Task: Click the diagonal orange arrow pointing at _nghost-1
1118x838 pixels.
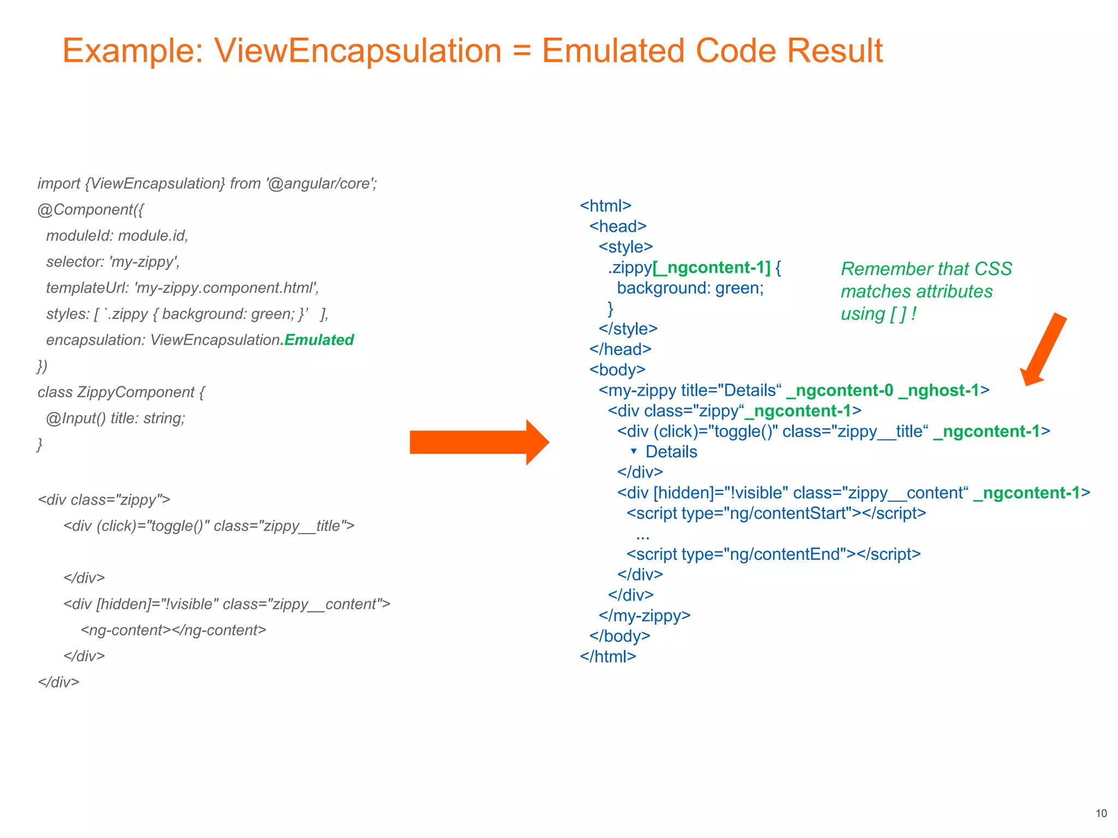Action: click(x=1043, y=350)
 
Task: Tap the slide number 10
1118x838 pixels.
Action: click(x=1101, y=813)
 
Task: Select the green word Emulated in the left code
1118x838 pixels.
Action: click(x=319, y=340)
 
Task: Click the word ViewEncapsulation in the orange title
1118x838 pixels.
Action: click(x=358, y=51)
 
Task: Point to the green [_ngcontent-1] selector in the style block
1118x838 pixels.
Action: click(x=711, y=267)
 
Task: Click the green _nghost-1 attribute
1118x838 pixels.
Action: click(x=939, y=391)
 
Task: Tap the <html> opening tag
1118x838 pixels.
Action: click(x=605, y=206)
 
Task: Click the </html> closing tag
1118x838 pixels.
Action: click(x=608, y=656)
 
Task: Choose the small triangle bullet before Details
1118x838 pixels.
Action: click(x=634, y=451)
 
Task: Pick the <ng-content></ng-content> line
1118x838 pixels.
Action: click(x=173, y=630)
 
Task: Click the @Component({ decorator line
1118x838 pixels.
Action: click(x=91, y=209)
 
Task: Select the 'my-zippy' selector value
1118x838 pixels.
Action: click(x=144, y=262)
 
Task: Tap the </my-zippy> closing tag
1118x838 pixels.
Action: click(x=644, y=615)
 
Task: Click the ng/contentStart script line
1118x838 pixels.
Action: click(x=776, y=513)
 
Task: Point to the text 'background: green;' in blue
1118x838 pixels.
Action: click(x=690, y=288)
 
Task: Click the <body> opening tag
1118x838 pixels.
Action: click(x=617, y=370)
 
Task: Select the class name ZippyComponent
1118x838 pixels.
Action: click(x=135, y=392)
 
